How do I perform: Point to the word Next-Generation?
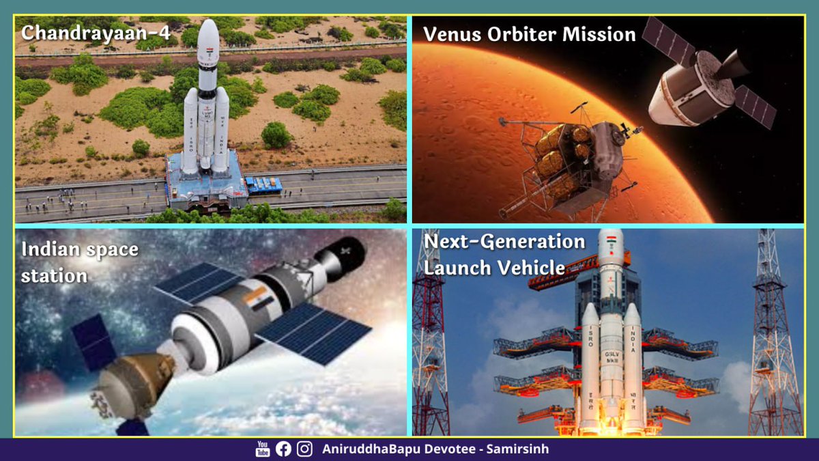[x=504, y=242]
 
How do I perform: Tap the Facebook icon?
[x=283, y=449]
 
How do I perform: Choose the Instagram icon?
[x=305, y=449]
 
